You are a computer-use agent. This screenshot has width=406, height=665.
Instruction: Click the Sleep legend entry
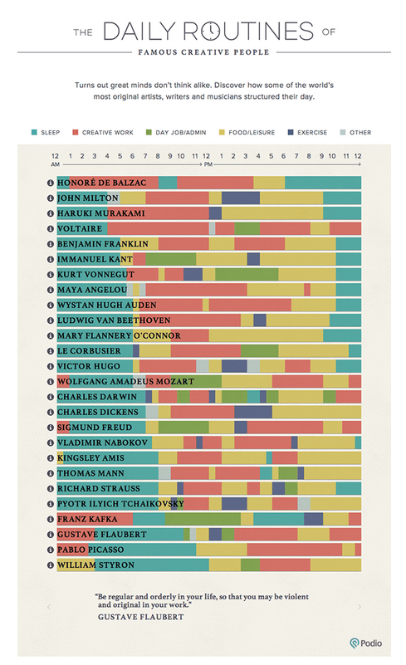(x=46, y=132)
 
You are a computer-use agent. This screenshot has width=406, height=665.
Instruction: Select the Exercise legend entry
(x=307, y=132)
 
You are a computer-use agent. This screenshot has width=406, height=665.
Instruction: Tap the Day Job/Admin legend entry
(x=176, y=132)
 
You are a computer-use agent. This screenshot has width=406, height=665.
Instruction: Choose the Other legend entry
(x=355, y=132)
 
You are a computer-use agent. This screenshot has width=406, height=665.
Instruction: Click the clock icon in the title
(x=211, y=31)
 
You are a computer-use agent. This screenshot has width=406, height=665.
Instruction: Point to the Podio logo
(x=365, y=643)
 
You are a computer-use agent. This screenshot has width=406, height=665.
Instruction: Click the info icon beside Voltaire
(x=51, y=228)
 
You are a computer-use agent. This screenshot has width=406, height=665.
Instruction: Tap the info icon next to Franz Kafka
(x=51, y=519)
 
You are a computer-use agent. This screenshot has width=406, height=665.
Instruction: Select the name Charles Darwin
(x=97, y=397)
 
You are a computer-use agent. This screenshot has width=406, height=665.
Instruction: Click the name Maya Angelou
(x=92, y=290)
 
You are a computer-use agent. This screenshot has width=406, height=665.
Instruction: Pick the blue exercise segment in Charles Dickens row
(x=253, y=412)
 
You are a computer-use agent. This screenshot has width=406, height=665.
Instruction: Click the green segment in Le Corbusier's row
(x=260, y=350)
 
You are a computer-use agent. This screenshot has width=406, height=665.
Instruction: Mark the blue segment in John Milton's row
(x=241, y=198)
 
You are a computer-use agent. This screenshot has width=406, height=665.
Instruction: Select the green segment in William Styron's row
(x=250, y=565)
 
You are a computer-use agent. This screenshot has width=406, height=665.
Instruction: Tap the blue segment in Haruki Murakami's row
(x=215, y=213)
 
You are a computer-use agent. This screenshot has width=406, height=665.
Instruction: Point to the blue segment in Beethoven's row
(x=260, y=320)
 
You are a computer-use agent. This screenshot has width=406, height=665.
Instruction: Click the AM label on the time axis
(x=55, y=164)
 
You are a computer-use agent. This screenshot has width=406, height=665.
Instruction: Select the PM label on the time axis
(x=208, y=164)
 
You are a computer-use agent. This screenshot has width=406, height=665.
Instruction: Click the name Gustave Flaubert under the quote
(x=141, y=617)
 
